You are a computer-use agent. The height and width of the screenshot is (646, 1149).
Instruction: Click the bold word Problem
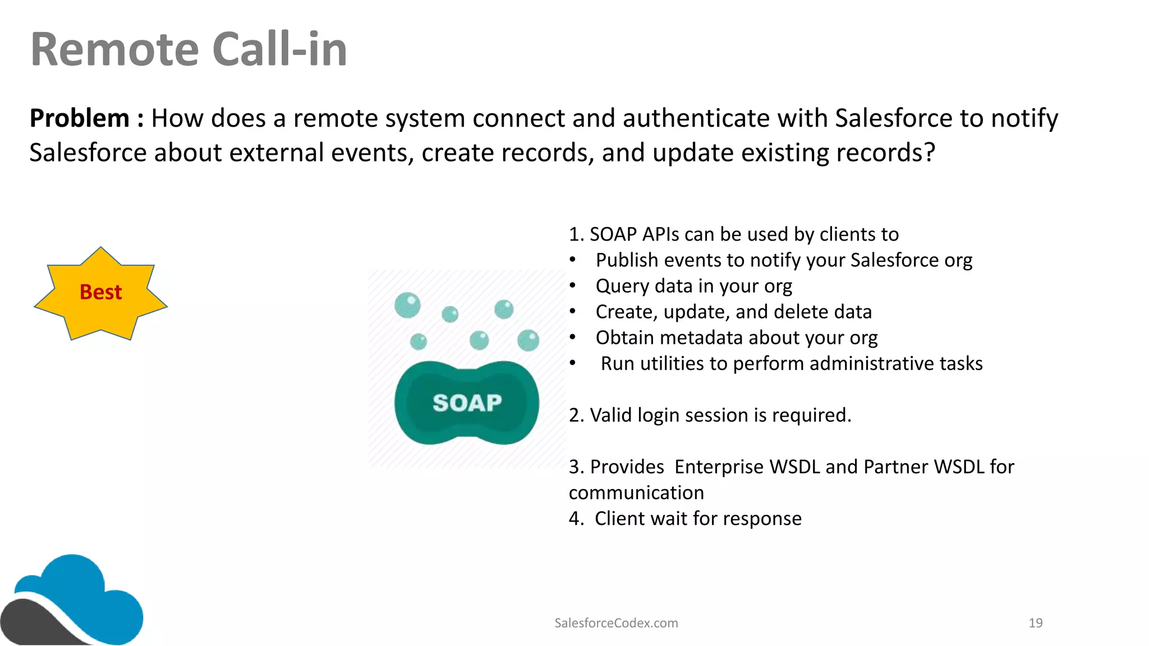click(x=80, y=118)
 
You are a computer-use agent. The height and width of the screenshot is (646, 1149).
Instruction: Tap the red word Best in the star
click(x=100, y=292)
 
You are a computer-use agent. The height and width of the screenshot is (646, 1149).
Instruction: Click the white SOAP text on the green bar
click(x=467, y=403)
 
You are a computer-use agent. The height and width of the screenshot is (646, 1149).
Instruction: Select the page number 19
click(x=1035, y=623)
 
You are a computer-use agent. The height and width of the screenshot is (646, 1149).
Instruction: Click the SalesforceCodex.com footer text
click(x=616, y=623)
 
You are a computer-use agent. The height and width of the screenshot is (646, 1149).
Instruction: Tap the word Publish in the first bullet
click(x=627, y=260)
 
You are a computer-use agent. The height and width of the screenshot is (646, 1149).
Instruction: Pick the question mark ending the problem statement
click(x=929, y=153)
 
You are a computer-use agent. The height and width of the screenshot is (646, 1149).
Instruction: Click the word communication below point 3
click(x=636, y=493)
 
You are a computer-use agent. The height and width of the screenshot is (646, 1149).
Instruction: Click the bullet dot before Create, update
click(x=572, y=312)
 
